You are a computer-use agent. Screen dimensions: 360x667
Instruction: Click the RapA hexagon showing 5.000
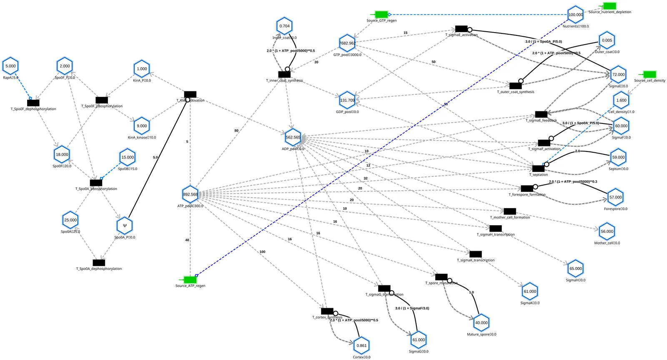click(x=11, y=66)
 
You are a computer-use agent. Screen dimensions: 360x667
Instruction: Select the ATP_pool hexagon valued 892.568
click(x=191, y=194)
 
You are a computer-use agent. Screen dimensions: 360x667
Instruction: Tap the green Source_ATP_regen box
click(x=190, y=279)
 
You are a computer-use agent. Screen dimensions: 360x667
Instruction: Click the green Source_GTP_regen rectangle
click(x=381, y=15)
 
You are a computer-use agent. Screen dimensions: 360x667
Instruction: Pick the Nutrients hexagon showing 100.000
click(x=576, y=15)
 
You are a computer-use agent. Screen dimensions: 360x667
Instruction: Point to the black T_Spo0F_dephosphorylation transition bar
click(x=33, y=103)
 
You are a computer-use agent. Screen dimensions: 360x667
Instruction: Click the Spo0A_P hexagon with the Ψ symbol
click(x=125, y=226)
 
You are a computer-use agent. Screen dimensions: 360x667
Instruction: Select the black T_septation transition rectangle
click(x=538, y=169)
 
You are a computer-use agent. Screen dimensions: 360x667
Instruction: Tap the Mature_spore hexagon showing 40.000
click(x=481, y=323)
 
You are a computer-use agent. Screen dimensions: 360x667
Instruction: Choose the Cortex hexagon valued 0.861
click(x=361, y=345)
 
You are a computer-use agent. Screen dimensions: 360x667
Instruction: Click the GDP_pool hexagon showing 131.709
click(x=347, y=100)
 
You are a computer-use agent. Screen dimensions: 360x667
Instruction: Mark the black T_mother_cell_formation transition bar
click(x=510, y=211)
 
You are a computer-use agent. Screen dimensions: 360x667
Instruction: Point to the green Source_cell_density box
click(x=649, y=74)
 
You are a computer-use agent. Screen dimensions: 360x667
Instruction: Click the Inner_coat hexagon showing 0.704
click(x=285, y=26)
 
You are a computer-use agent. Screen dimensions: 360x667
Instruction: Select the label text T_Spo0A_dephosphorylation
click(x=99, y=269)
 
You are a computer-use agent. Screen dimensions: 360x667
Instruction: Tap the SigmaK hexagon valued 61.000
click(x=530, y=292)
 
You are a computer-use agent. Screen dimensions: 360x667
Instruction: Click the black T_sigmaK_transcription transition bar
click(x=476, y=254)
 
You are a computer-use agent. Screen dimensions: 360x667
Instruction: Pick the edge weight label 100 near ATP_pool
click(x=262, y=252)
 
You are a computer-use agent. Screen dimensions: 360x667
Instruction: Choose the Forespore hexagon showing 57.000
click(x=615, y=197)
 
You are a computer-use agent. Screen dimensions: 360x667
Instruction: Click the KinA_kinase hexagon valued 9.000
click(x=142, y=126)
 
